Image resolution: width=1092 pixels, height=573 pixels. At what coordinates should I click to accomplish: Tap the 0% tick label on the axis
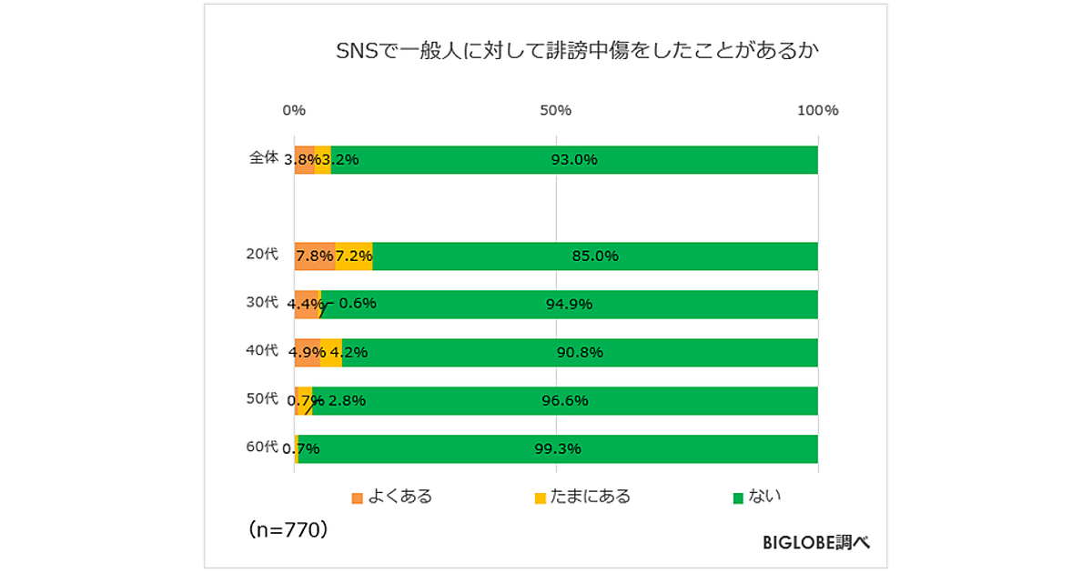click(294, 111)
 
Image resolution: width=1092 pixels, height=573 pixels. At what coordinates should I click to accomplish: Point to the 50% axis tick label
click(555, 111)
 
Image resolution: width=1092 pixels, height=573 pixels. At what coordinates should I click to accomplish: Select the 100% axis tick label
click(816, 111)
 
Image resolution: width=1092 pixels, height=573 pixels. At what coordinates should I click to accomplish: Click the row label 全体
click(263, 157)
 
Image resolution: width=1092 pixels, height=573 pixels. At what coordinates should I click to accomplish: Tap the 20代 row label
click(262, 254)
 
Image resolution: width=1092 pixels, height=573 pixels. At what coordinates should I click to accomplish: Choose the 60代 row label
click(262, 446)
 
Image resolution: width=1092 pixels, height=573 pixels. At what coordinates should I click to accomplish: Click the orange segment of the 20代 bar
click(314, 256)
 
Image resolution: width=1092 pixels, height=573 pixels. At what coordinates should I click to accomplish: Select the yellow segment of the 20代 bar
click(354, 256)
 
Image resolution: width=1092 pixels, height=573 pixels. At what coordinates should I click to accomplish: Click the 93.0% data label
click(574, 160)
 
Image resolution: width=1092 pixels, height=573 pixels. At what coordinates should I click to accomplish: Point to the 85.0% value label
click(595, 256)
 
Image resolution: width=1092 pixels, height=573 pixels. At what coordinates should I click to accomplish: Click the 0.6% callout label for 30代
click(357, 304)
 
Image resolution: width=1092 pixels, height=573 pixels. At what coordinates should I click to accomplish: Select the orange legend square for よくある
click(357, 498)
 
